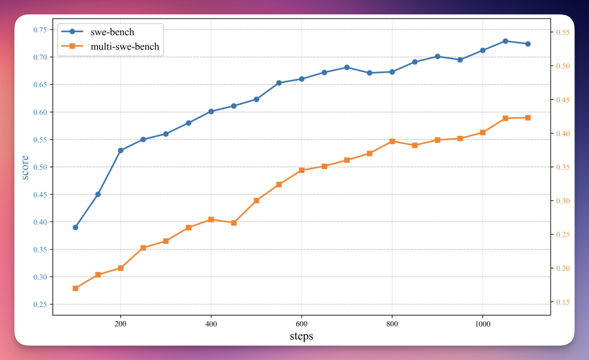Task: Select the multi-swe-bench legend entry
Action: pyautogui.click(x=125, y=46)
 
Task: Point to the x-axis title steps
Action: pyautogui.click(x=301, y=336)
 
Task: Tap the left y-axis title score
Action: pyautogui.click(x=26, y=167)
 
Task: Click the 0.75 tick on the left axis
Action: pyautogui.click(x=40, y=29)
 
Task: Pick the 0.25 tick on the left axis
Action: pyautogui.click(x=40, y=304)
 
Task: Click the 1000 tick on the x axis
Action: pyautogui.click(x=482, y=323)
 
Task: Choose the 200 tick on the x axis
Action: pyautogui.click(x=121, y=323)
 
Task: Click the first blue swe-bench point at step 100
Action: pyautogui.click(x=75, y=227)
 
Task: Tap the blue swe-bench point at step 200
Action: pyautogui.click(x=121, y=150)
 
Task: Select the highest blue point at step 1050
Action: pyautogui.click(x=505, y=41)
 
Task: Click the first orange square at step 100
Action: pyautogui.click(x=75, y=288)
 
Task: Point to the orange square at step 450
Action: pyautogui.click(x=233, y=223)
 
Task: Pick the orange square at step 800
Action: pyautogui.click(x=392, y=141)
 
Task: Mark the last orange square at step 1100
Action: pyautogui.click(x=528, y=117)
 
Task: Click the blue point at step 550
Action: pyautogui.click(x=279, y=83)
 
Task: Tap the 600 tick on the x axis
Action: pyautogui.click(x=302, y=323)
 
